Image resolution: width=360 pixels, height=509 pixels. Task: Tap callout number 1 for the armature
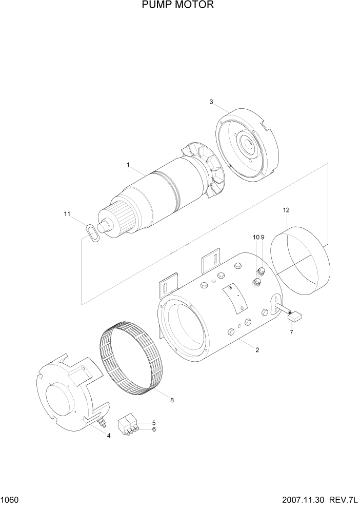tap(128, 165)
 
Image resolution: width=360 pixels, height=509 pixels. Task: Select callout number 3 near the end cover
tap(211, 102)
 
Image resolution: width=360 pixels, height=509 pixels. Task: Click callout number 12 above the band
tap(286, 210)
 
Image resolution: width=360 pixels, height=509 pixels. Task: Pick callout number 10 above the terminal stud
tap(255, 237)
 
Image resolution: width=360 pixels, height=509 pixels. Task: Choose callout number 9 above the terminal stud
tap(262, 237)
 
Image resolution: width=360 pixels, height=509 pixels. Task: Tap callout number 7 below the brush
tap(291, 333)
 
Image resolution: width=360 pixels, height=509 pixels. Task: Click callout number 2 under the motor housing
tap(257, 350)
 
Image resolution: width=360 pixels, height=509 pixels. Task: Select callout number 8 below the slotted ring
tap(172, 400)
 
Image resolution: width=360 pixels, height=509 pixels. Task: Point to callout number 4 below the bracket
tap(108, 436)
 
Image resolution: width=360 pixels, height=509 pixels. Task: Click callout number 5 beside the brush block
tap(153, 423)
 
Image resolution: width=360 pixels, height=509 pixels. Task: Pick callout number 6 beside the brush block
tap(153, 429)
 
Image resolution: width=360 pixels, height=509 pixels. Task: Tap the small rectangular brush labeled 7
tap(295, 317)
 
